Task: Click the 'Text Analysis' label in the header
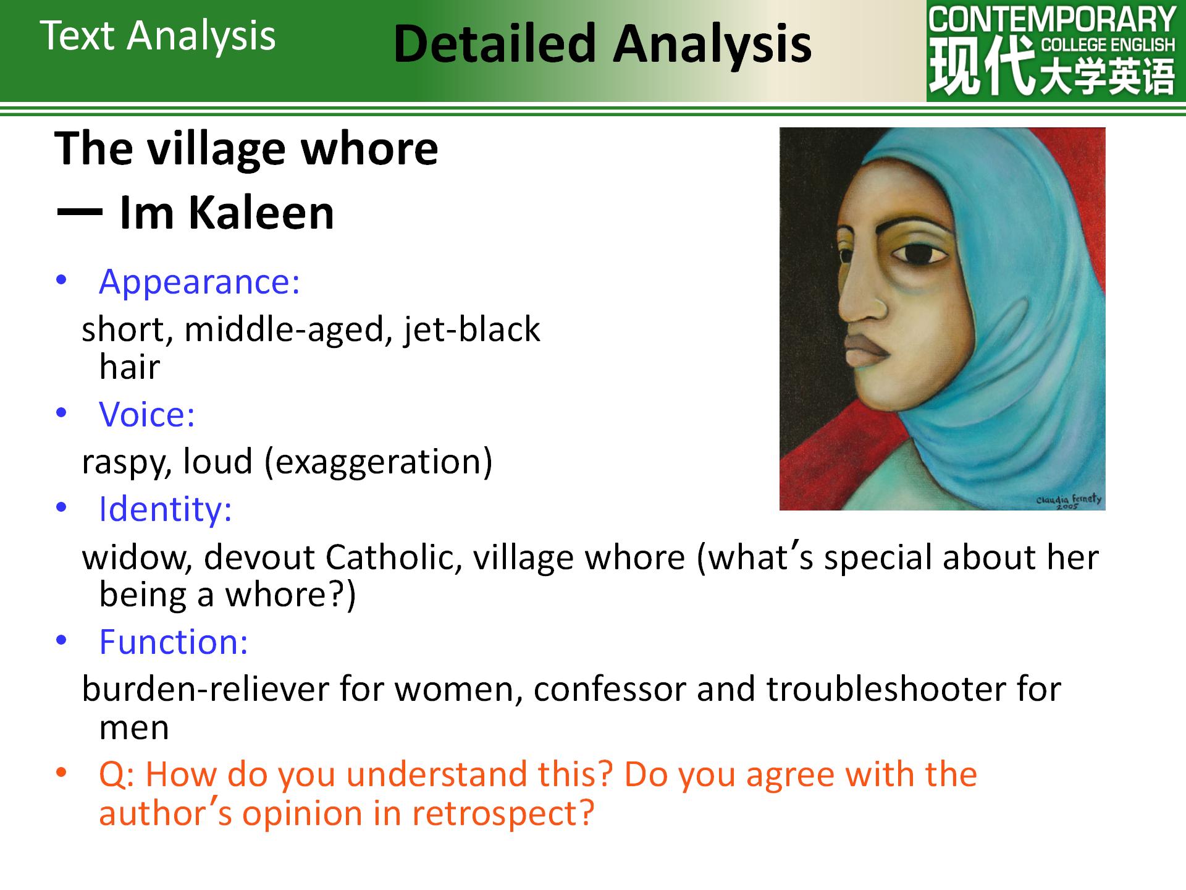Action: click(x=158, y=36)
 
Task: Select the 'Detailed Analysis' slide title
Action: click(x=602, y=44)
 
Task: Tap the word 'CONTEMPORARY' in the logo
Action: click(x=1052, y=20)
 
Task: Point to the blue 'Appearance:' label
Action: click(x=199, y=282)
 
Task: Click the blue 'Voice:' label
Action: click(x=147, y=414)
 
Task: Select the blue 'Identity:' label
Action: click(x=166, y=509)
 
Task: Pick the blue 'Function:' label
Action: click(x=174, y=642)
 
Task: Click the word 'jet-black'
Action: click(x=473, y=330)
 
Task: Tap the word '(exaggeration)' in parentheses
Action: click(x=379, y=462)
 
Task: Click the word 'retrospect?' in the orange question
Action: click(x=503, y=813)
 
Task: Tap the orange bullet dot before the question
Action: click(x=61, y=774)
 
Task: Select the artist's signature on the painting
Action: click(x=1069, y=501)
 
